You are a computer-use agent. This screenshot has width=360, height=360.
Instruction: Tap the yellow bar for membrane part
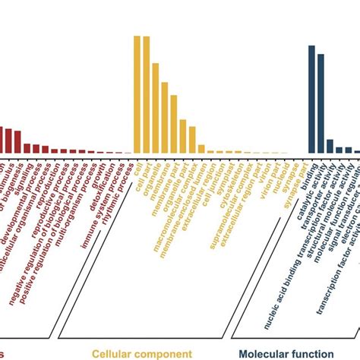(165, 117)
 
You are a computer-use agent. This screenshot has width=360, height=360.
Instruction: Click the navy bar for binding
(311, 99)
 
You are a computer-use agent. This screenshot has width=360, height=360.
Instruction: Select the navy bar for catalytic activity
(321, 103)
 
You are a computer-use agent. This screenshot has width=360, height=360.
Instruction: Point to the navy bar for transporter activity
(330, 146)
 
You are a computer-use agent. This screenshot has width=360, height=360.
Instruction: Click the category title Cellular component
(142, 353)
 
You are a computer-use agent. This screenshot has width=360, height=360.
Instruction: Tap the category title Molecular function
(286, 353)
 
